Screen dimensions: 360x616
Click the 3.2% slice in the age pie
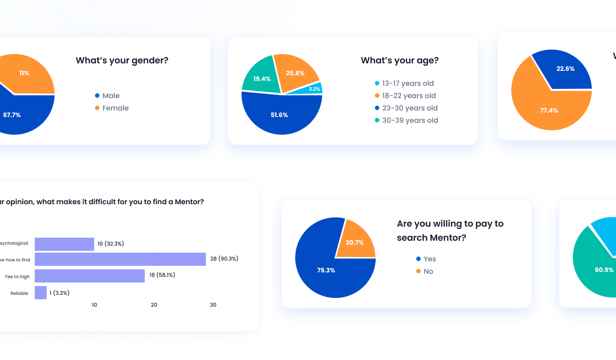pos(315,88)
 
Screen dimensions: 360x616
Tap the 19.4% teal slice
pos(262,79)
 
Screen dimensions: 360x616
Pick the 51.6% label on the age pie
pos(279,115)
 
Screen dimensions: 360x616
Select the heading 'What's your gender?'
pos(122,60)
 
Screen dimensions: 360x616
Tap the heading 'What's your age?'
pos(400,60)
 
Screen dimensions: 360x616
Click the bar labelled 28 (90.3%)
pos(120,259)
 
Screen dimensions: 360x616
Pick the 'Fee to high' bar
pos(90,276)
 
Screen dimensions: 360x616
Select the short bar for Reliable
pos(40,293)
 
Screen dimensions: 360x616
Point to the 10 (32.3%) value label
pos(110,243)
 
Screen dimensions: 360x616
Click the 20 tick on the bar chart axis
pos(154,305)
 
